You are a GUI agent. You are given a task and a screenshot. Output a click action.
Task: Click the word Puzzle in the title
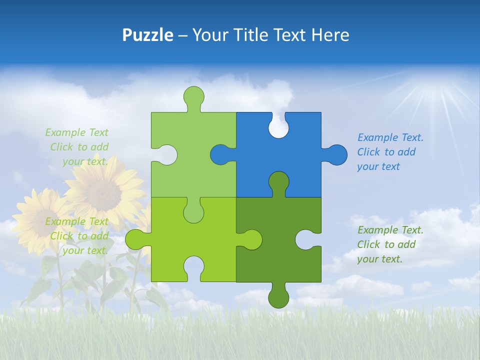tap(147, 35)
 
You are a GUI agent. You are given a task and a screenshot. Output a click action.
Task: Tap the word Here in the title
tap(330, 35)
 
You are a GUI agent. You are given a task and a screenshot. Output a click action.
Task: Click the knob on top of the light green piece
tap(193, 96)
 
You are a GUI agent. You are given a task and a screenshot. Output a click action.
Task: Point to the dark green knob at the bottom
tap(278, 296)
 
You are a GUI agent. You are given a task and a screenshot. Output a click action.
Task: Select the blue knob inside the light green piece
tap(220, 154)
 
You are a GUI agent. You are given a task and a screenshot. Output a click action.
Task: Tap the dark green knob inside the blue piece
tap(278, 182)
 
